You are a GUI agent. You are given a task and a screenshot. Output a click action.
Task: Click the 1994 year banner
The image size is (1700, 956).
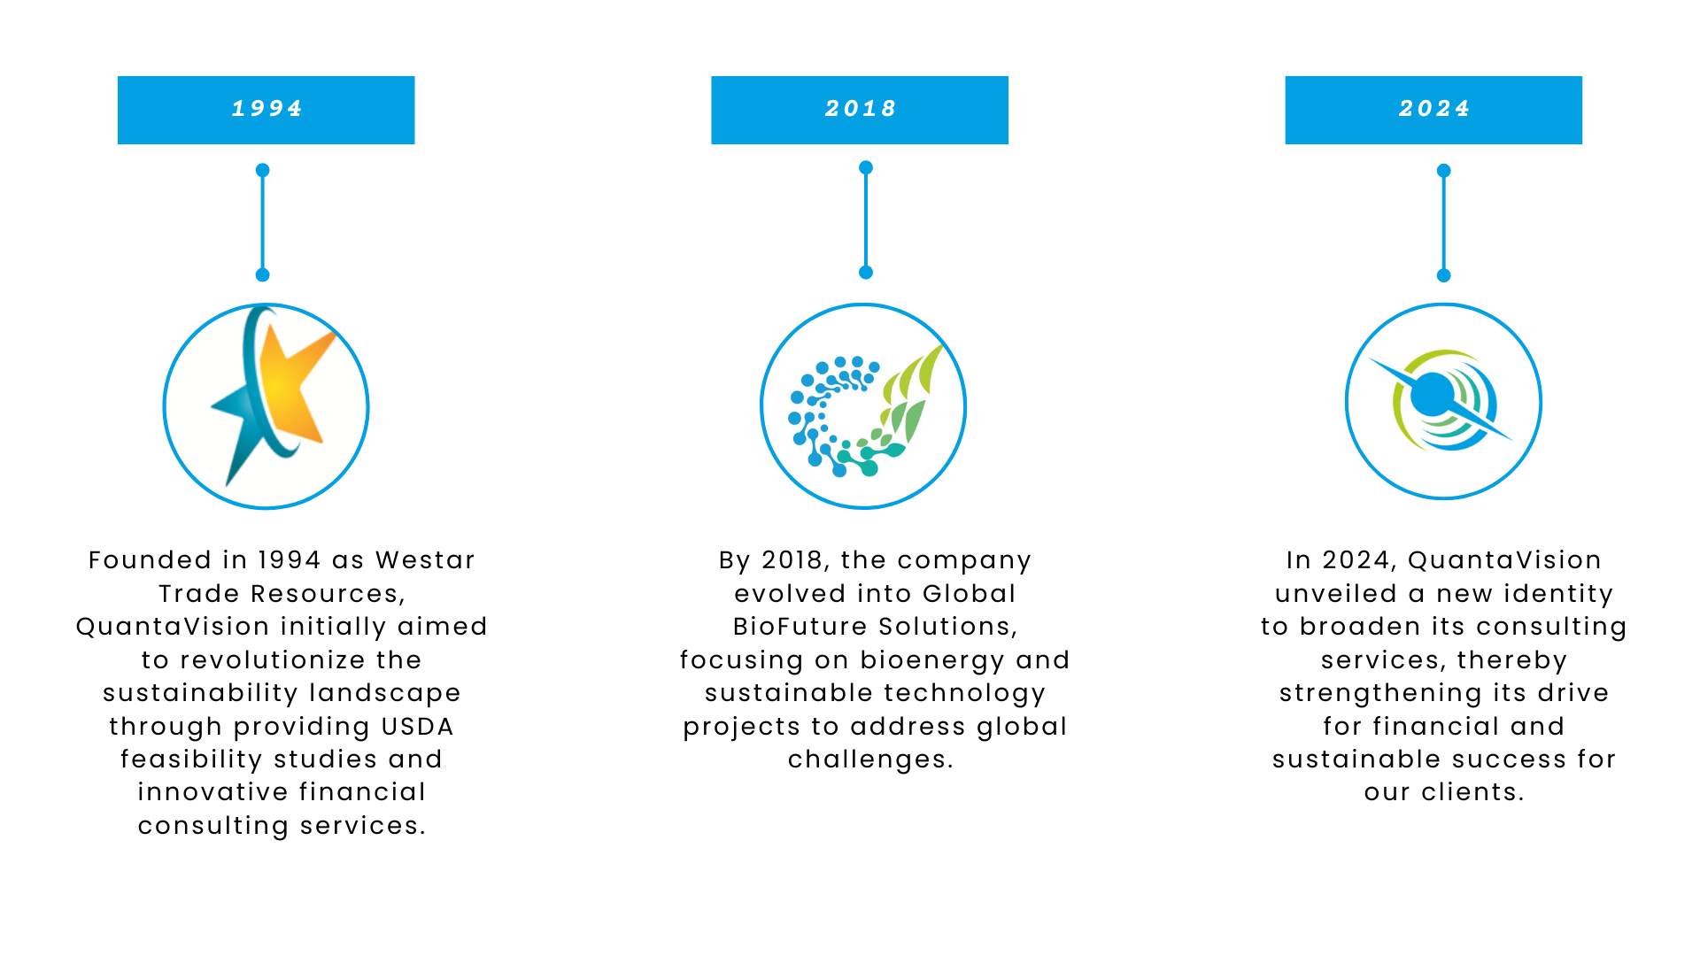click(266, 110)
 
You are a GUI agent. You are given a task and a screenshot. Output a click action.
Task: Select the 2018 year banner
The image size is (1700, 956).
click(860, 110)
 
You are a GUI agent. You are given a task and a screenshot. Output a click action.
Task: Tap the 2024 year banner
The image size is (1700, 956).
click(1433, 110)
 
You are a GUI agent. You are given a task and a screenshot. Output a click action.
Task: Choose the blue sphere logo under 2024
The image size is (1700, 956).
click(1441, 400)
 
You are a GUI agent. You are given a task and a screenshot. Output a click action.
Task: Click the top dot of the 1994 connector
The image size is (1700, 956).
click(262, 170)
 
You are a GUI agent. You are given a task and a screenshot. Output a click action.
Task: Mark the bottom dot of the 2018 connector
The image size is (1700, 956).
click(866, 273)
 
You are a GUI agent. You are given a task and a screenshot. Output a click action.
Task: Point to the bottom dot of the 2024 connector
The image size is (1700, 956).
click(1444, 275)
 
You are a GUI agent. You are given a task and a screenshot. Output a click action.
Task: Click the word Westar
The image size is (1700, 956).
click(425, 560)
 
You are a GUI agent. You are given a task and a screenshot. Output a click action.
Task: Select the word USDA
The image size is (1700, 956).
click(417, 727)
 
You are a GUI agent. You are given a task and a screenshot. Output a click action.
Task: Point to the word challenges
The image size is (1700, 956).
click(870, 759)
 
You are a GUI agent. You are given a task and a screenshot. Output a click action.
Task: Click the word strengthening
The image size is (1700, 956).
click(1384, 694)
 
